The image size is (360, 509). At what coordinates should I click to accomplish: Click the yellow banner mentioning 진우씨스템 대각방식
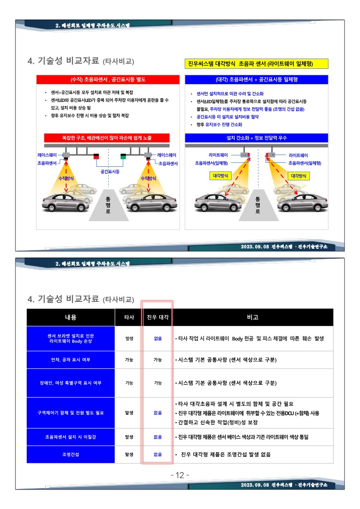(x=257, y=63)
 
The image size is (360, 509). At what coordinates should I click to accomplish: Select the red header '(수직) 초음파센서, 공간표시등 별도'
(x=108, y=79)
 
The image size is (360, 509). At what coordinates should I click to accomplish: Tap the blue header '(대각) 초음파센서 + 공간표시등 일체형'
(x=257, y=79)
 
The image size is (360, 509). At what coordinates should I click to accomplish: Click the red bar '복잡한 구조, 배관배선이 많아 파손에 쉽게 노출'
(x=107, y=138)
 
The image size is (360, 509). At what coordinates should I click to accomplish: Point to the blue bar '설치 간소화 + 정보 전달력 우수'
(x=257, y=138)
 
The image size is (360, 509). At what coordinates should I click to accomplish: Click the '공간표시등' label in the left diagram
(x=110, y=171)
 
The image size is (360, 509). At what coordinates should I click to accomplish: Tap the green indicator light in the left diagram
(x=123, y=156)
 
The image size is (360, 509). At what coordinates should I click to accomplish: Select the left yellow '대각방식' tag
(x=220, y=176)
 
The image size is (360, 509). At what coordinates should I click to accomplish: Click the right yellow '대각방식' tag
(x=299, y=176)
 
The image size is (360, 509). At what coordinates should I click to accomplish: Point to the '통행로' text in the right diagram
(x=258, y=205)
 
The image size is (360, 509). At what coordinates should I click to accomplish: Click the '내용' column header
(x=71, y=317)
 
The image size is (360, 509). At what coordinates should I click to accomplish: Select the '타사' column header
(x=129, y=317)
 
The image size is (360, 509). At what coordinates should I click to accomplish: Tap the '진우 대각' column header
(x=158, y=317)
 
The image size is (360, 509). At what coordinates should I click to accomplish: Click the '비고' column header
(x=253, y=317)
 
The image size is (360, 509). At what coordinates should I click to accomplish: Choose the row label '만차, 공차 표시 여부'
(x=71, y=360)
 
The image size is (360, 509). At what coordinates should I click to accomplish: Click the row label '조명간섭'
(x=71, y=455)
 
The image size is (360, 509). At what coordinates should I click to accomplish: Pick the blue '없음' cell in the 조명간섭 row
(x=158, y=455)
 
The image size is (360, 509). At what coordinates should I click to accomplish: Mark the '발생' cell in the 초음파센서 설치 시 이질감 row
(x=129, y=437)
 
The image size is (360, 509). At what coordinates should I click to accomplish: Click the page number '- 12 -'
(x=180, y=475)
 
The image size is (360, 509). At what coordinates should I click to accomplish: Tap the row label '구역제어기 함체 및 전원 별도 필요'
(x=71, y=413)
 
